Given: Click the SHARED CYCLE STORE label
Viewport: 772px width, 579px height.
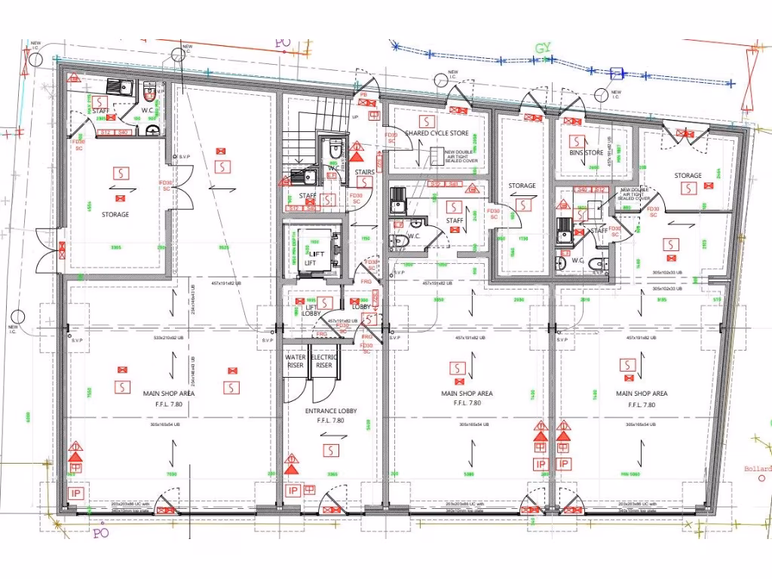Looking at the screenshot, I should click(437, 133).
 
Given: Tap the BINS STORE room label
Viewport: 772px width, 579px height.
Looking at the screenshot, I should click(586, 153).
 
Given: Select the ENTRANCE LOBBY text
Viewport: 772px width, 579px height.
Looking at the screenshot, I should click(330, 411).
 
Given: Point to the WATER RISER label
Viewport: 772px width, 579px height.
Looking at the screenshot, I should click(295, 361).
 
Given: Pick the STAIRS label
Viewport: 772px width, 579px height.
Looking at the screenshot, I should click(365, 173).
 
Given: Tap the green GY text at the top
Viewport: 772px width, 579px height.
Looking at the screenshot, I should click(544, 49).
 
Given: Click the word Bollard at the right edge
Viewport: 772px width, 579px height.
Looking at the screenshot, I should click(757, 469).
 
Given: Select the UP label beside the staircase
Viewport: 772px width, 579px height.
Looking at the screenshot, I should click(356, 118).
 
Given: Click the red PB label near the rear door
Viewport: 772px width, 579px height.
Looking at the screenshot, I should click(363, 94).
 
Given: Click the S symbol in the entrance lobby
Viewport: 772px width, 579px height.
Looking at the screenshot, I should click(329, 450).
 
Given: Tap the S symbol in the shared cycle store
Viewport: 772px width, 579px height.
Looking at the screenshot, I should click(427, 121).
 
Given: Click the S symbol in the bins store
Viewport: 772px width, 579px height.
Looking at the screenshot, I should click(576, 141).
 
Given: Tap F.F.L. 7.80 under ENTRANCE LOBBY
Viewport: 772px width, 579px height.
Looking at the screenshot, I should click(330, 421).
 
